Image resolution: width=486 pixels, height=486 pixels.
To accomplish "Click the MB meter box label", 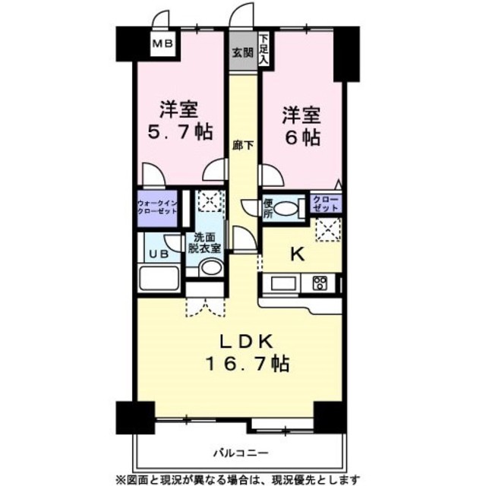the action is [x=163, y=44].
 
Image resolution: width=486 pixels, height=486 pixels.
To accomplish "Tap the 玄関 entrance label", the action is [x=243, y=53].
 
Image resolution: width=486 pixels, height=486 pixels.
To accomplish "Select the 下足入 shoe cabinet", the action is [x=264, y=49].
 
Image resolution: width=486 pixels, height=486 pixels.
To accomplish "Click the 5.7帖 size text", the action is [x=180, y=133].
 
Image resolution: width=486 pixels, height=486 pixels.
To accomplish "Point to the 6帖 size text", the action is [x=302, y=138].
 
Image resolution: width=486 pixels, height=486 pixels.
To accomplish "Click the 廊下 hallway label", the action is [x=243, y=145].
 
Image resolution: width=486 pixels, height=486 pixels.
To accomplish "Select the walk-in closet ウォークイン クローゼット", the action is [x=157, y=209].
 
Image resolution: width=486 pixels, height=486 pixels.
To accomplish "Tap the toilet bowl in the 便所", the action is [x=285, y=208].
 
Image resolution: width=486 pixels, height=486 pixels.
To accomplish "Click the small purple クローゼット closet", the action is [x=326, y=204].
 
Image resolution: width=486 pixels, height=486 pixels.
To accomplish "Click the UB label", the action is [x=159, y=254].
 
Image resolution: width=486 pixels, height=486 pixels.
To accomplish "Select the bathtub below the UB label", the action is [x=159, y=278].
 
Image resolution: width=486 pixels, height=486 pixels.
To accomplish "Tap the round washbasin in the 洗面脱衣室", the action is [x=211, y=267].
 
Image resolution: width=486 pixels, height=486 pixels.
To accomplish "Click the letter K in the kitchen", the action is [x=297, y=255].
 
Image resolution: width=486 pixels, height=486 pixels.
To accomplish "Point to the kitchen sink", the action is [x=283, y=283].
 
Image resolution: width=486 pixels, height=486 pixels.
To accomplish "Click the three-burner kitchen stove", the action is [x=320, y=283].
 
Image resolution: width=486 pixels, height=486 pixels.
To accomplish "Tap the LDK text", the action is [x=246, y=342].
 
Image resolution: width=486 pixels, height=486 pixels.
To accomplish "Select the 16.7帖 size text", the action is [x=248, y=364].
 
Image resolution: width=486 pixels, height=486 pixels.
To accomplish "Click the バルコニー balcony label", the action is [x=240, y=453].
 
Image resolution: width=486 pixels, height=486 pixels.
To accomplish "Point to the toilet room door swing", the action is [x=249, y=207].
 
